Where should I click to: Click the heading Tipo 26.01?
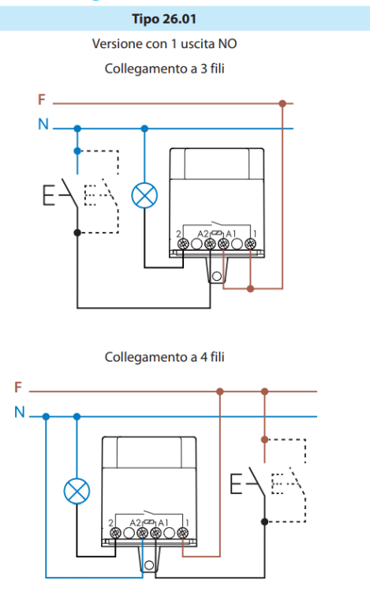coord(164,19)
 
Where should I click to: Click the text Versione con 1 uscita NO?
coord(164,43)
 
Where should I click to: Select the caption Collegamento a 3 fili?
coord(164,69)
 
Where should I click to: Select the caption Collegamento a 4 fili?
coord(164,357)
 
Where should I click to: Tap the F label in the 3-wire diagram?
coord(42,99)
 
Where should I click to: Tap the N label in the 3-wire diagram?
coord(43,124)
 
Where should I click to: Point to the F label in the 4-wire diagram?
coord(18,388)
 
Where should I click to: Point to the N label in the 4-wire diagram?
coord(20,412)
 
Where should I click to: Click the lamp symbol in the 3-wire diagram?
coord(144,196)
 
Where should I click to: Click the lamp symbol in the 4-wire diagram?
coord(77,491)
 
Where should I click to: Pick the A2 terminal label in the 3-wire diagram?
coord(203,234)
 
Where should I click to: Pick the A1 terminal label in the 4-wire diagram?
coord(163,523)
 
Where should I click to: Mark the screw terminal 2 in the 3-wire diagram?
coord(183,244)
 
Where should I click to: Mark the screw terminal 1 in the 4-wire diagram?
coord(183,533)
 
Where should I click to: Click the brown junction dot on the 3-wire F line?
coord(282,103)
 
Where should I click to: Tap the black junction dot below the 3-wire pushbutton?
coord(77,233)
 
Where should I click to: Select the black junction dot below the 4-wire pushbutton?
coord(265,522)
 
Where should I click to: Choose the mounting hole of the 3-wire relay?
coord(217,276)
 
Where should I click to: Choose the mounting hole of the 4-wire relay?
coord(149,565)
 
